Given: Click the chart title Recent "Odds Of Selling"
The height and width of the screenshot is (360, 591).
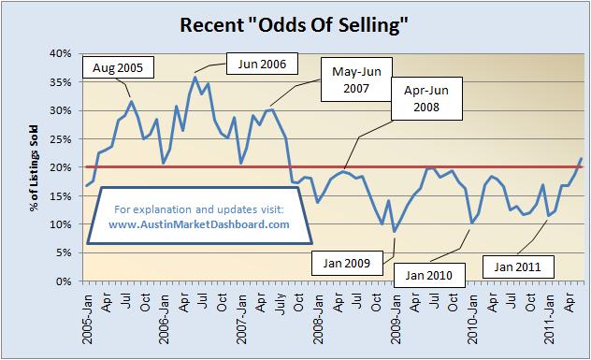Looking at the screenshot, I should tap(295, 24).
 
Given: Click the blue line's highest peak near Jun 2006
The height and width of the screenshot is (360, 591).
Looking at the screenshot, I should tap(195, 77).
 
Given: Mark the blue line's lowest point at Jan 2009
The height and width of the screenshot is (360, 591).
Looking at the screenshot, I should tap(395, 231).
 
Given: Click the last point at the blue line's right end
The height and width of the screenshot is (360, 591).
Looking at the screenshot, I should tap(581, 159).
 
